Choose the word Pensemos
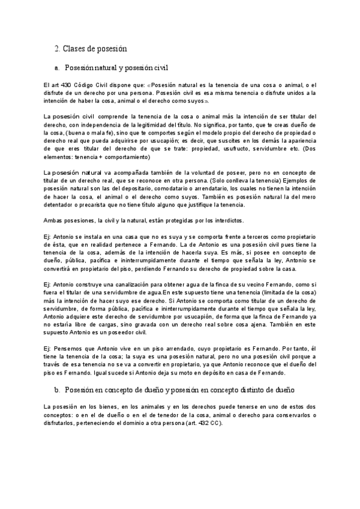70,348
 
